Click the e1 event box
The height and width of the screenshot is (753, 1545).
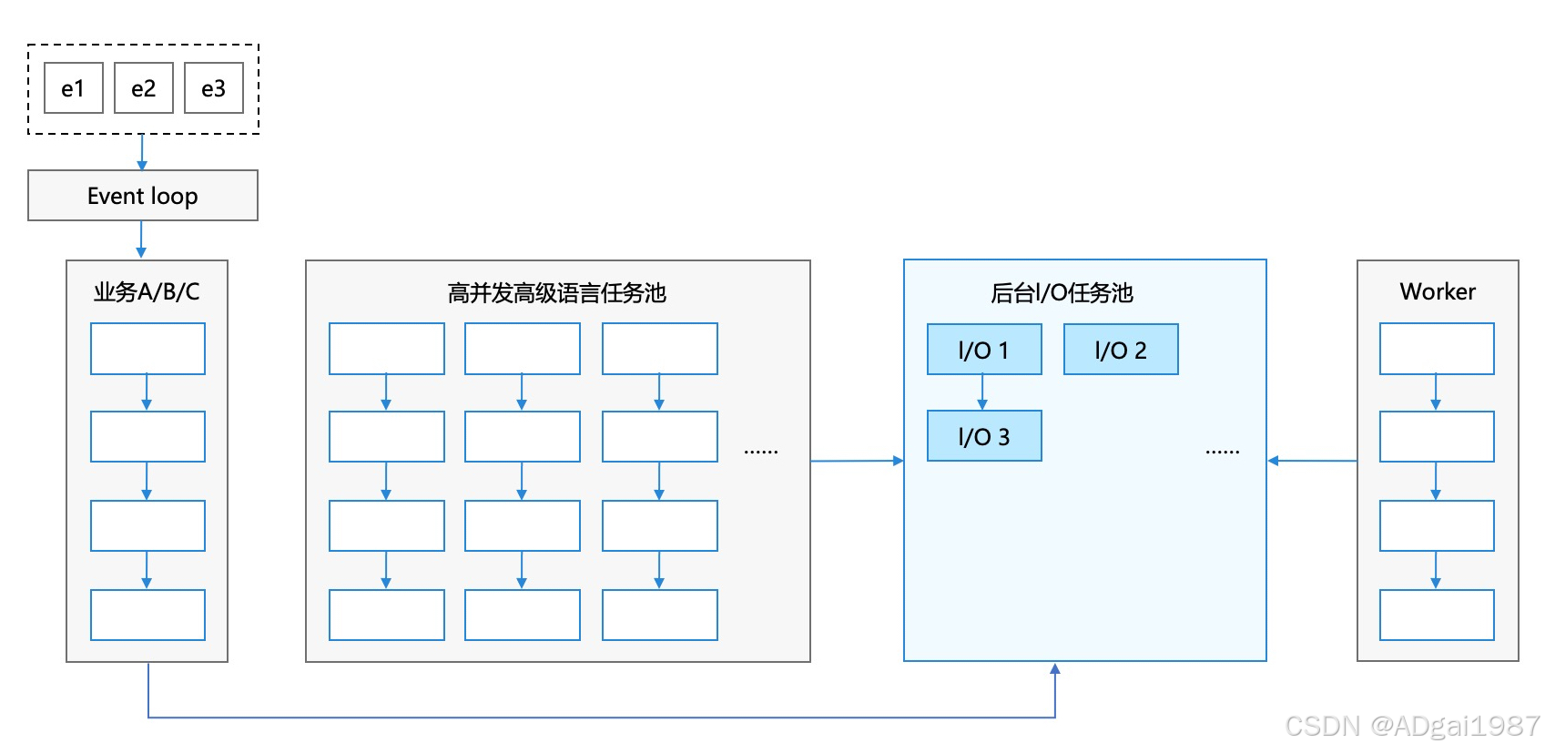coord(73,88)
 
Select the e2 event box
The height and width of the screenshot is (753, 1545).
coord(143,88)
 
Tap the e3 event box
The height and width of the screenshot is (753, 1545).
coord(213,88)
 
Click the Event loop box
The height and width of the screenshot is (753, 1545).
coord(142,196)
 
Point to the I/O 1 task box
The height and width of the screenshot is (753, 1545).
coord(983,350)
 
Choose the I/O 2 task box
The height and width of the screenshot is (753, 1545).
coord(1120,350)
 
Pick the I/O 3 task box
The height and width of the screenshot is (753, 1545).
coord(983,436)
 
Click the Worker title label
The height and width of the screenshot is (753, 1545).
coord(1437,291)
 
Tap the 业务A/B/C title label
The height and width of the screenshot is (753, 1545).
coord(147,291)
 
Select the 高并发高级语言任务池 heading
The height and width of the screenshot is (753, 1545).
coord(556,292)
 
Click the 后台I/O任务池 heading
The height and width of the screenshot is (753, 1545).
coord(1061,292)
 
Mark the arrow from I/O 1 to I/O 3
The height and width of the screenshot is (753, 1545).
coord(982,392)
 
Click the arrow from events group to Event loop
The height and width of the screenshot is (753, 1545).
coord(142,152)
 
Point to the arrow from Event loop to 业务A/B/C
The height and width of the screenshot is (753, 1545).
coord(141,239)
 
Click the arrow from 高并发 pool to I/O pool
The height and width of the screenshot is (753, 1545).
coord(856,461)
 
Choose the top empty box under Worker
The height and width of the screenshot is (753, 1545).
coord(1436,349)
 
